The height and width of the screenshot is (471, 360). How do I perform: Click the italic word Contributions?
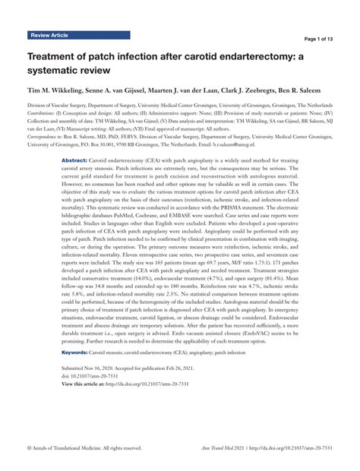click(x=45, y=112)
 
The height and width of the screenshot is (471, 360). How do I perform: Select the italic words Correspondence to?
click(x=47, y=134)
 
